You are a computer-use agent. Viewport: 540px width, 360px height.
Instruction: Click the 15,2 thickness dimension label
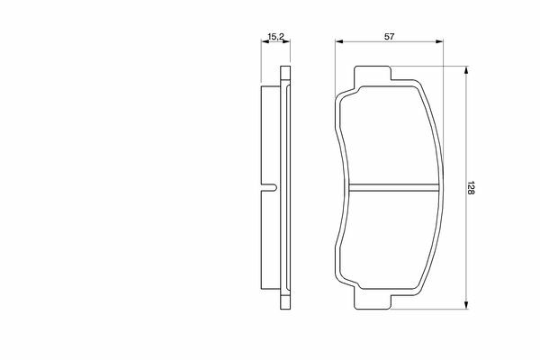click(x=275, y=37)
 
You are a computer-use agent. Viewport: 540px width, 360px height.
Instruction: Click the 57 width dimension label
click(x=389, y=37)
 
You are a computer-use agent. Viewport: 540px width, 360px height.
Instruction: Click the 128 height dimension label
click(x=471, y=187)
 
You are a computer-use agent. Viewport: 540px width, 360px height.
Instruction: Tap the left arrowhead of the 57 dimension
click(x=339, y=41)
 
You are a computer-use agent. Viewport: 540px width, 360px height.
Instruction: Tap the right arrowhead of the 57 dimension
click(x=439, y=41)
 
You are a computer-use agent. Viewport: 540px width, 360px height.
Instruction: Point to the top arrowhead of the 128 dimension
click(x=466, y=70)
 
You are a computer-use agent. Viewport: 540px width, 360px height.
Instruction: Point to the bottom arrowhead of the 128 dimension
click(x=466, y=305)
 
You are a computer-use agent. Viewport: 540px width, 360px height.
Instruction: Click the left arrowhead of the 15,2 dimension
click(x=265, y=41)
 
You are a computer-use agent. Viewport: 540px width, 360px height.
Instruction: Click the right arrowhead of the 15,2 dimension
click(x=286, y=41)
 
